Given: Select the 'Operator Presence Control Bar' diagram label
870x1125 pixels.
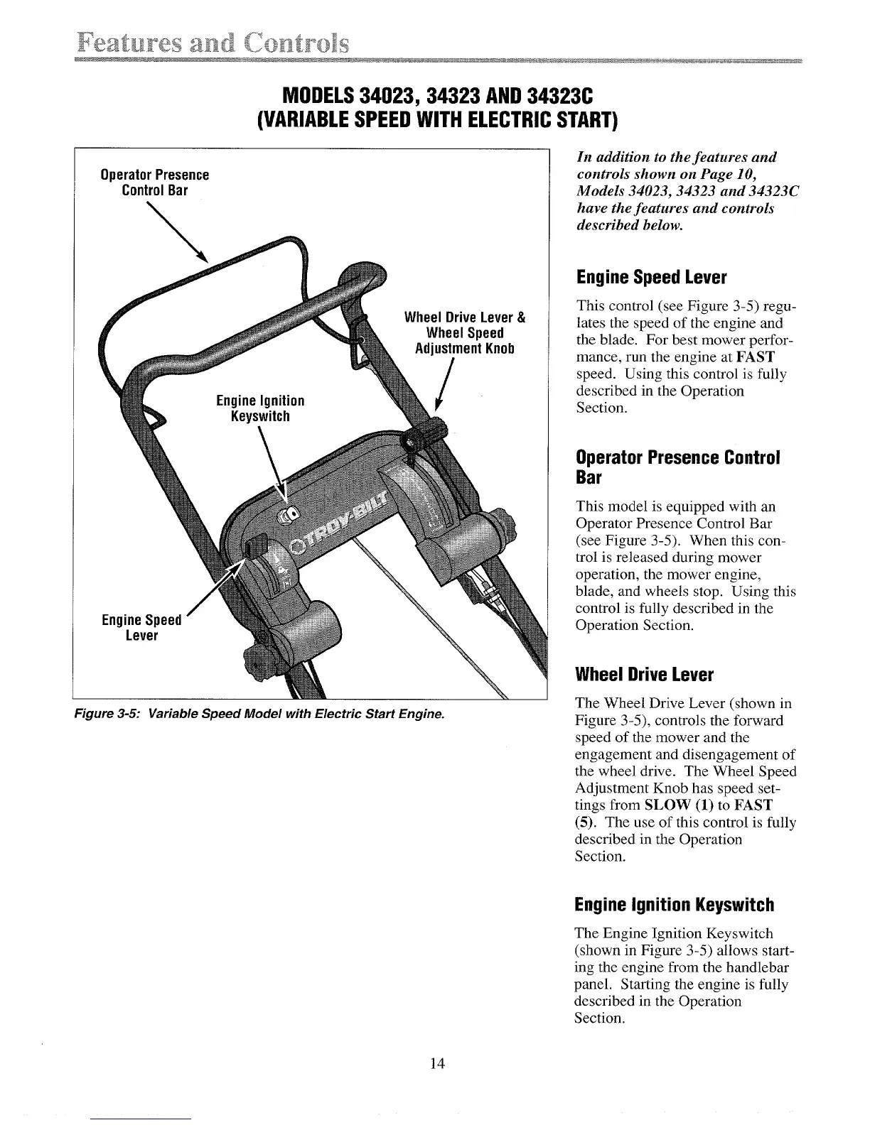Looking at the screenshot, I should pos(154,183).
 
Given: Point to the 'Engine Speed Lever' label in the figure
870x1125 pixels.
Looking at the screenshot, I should pos(141,627).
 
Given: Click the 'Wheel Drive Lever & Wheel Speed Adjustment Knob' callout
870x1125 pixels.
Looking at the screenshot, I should pos(464,333).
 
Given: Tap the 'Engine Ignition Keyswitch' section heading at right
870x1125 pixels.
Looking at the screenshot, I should pos(674,905).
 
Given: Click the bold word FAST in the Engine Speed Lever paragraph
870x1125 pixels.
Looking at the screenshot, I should pos(756,357).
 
